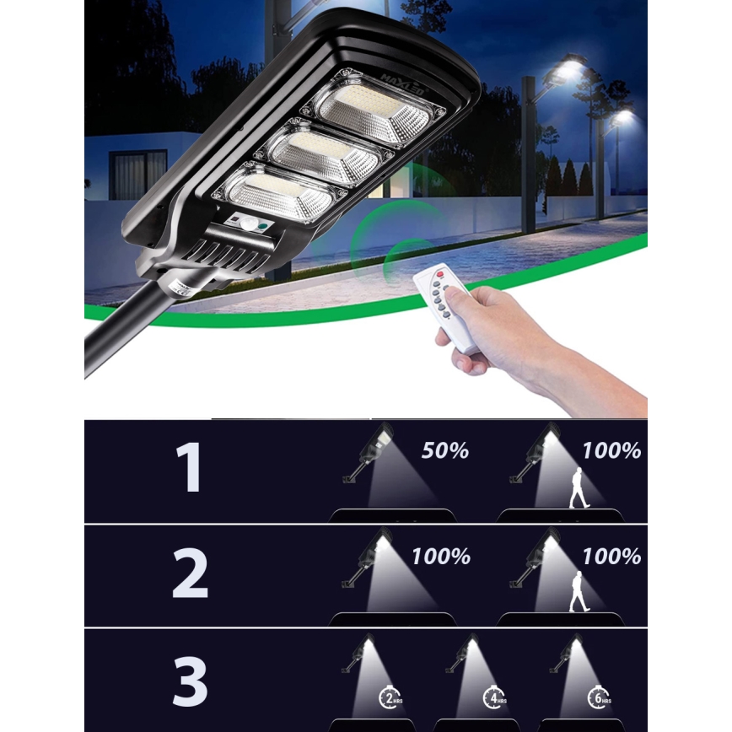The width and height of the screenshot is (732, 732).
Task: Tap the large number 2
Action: [191, 574]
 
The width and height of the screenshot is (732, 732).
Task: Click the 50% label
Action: [444, 451]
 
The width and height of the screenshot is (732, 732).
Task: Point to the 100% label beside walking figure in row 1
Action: [611, 451]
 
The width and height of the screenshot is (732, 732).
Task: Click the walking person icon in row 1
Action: [579, 487]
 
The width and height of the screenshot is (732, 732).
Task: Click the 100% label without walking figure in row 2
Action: [441, 557]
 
